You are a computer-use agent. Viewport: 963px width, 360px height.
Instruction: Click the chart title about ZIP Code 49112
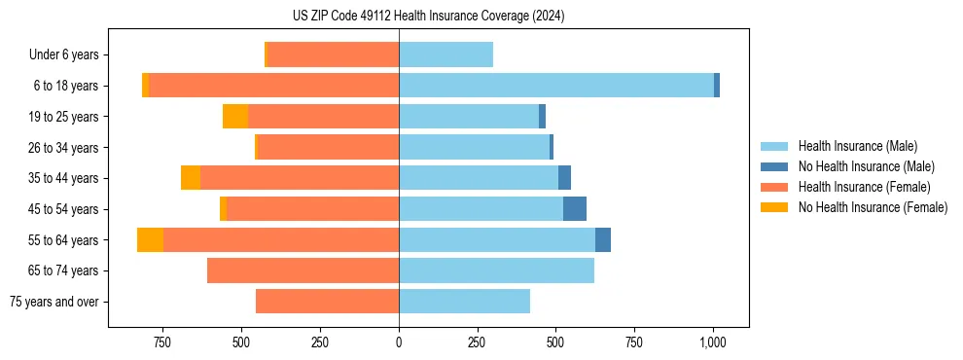pos(428,16)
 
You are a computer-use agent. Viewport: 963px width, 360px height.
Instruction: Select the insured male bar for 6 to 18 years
pos(555,86)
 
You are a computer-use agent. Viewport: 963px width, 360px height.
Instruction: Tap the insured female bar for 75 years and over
pos(327,302)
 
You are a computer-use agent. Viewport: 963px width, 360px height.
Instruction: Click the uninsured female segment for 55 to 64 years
pos(150,240)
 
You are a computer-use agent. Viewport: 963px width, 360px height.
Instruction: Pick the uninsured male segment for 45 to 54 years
pos(575,209)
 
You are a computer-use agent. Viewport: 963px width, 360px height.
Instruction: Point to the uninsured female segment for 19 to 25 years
pos(235,117)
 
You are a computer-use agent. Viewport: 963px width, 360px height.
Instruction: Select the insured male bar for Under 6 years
pos(446,54)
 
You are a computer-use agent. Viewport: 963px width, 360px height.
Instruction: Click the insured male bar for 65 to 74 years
pos(496,270)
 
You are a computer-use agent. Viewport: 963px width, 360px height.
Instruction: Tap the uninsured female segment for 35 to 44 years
pos(191,178)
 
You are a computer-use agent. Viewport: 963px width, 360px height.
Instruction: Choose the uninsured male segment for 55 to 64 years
pos(603,240)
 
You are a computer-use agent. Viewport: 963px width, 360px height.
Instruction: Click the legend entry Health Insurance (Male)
pos(852,146)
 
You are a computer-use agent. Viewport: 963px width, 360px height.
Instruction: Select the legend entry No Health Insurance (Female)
pos(872,207)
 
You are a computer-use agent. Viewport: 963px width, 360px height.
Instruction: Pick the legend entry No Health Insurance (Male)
pos(865,166)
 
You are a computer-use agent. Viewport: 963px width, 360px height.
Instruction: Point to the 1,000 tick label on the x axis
pos(712,342)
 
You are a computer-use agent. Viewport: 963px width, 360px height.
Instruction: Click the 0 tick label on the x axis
pos(399,342)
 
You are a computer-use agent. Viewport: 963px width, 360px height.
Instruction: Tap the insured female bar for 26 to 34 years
pos(328,147)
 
